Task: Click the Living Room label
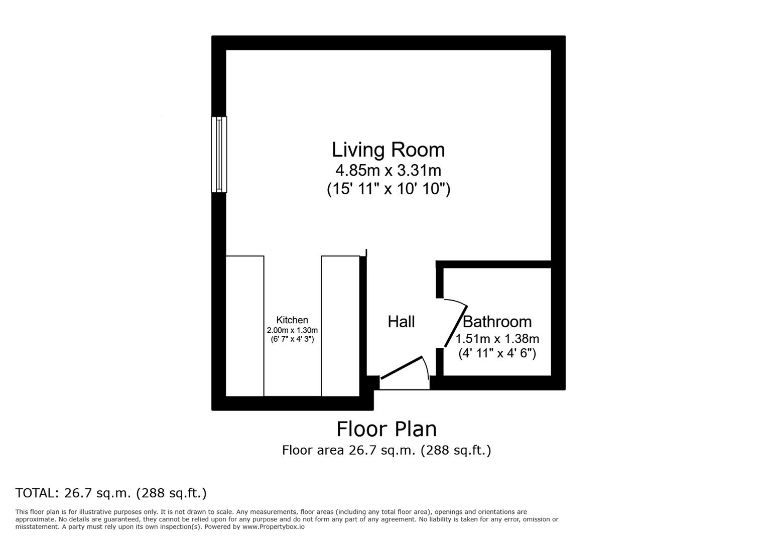(388, 150)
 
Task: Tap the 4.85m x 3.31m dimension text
(388, 171)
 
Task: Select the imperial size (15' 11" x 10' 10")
(388, 189)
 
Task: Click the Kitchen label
(292, 320)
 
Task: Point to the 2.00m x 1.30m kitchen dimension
(292, 330)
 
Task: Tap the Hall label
(401, 322)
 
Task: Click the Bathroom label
(497, 322)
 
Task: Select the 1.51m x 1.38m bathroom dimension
(497, 339)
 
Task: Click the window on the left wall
(219, 155)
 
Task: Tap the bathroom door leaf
(456, 326)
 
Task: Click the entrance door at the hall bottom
(402, 368)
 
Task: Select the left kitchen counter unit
(245, 326)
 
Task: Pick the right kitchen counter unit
(340, 326)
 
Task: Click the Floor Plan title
(386, 429)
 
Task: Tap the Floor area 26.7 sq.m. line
(386, 450)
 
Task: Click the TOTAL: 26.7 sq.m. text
(111, 493)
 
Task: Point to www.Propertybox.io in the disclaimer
(274, 527)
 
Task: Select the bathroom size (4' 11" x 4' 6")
(497, 354)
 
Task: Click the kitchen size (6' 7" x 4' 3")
(292, 339)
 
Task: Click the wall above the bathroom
(494, 264)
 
